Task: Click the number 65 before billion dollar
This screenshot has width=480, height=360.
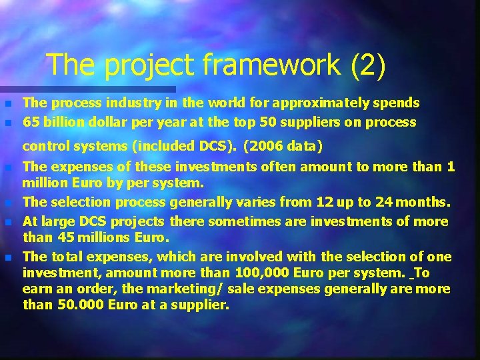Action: [x=30, y=123]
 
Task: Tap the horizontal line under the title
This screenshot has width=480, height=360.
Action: [x=87, y=88]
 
